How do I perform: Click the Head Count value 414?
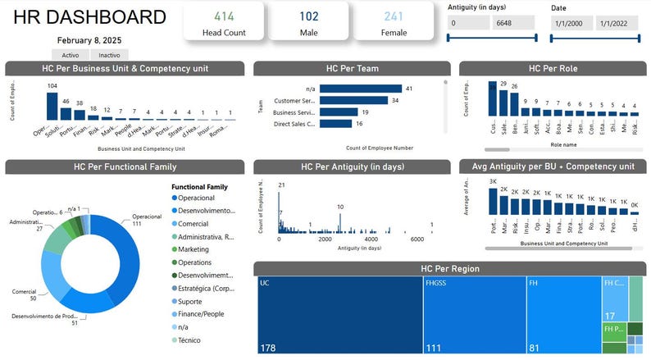pos(223,16)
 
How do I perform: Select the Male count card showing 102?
pos(309,16)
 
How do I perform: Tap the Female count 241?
pos(394,16)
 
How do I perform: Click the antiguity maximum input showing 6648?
pos(513,25)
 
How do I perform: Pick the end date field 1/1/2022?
pos(616,25)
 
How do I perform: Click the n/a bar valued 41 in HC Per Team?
pos(360,89)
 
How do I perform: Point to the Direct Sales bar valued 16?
pos(335,124)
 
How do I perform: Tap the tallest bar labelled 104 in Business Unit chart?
pos(52,106)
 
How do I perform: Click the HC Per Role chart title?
pos(553,69)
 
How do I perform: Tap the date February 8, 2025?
pos(89,40)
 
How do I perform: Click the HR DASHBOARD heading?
pos(90,17)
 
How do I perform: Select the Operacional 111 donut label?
pos(148,220)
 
